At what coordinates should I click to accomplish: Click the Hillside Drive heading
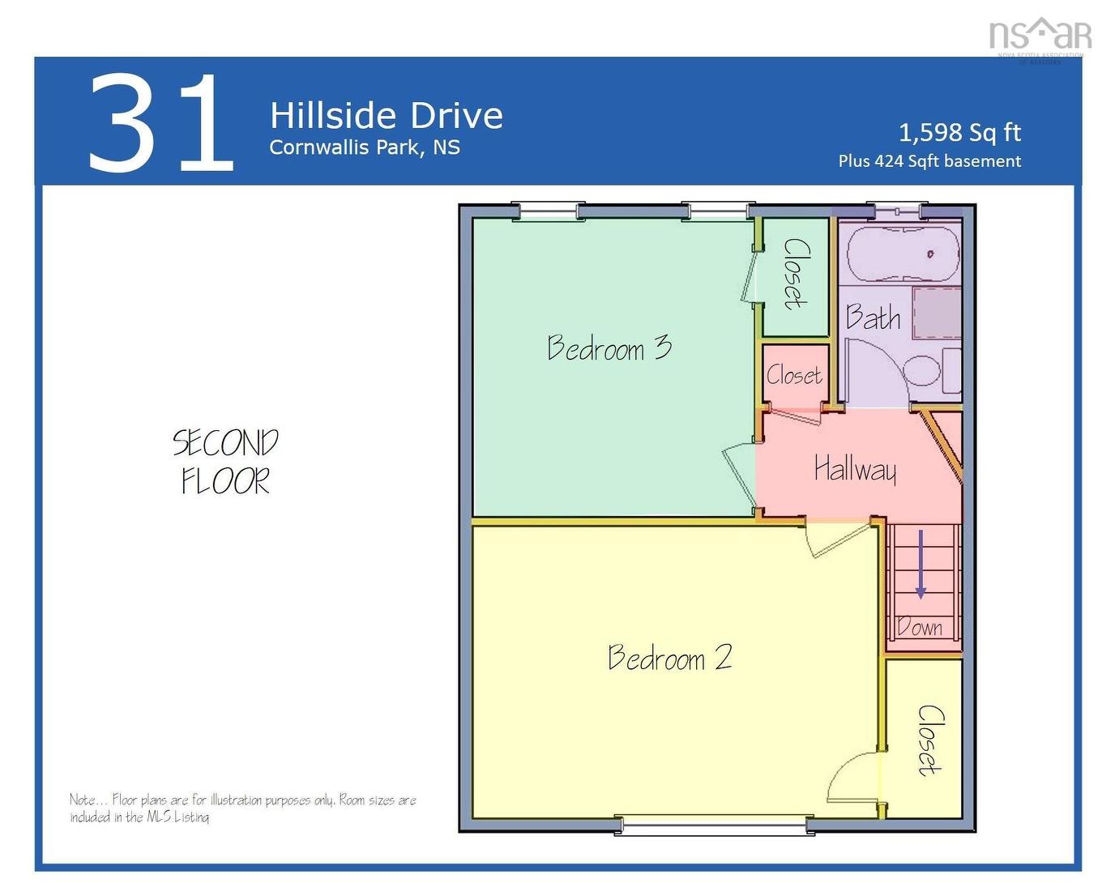[386, 116]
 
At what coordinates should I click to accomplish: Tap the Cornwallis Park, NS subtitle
[365, 147]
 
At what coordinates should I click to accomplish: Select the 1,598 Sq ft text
[959, 132]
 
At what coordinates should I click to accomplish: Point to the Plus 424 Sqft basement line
[929, 161]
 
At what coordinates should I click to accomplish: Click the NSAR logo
[1040, 36]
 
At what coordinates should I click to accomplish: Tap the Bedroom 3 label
[609, 348]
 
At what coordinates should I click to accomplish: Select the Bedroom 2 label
[670, 657]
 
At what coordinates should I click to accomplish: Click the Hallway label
[855, 469]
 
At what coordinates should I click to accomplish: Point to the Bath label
[873, 318]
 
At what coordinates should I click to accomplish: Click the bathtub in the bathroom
[903, 254]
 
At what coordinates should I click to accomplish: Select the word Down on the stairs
[920, 627]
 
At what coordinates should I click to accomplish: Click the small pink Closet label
[794, 375]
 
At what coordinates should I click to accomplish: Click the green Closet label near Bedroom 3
[795, 274]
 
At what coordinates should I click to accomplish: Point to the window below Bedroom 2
[714, 825]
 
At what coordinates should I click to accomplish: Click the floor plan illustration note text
[242, 808]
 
